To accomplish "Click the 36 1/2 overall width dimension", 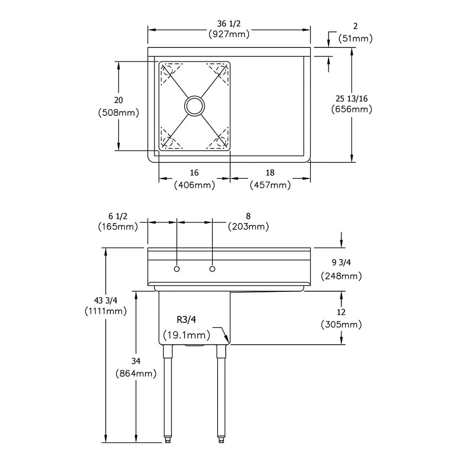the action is pos(229,24).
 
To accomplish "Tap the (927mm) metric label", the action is pos(229,34).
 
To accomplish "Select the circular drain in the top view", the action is pos(195,106).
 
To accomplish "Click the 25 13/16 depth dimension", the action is pos(352,98).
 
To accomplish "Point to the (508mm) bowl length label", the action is pos(119,113).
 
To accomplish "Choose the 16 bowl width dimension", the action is pos(194,173).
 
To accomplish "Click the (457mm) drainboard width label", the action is pos(270,185).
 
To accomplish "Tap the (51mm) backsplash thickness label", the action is pos(355,38).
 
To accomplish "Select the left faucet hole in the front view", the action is pos(176,269).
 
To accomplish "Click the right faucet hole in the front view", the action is pos(212,269).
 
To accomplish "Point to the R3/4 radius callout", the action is pos(187,320).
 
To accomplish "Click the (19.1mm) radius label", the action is pos(187,335).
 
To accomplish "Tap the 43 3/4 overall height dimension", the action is pos(106,300).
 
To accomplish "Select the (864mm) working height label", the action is pos(136,373).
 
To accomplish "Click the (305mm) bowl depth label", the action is pos(341,324).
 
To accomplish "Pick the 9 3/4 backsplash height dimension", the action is pos(341,262).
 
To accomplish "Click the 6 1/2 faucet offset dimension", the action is pos(118,216).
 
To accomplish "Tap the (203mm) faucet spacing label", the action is pos(248,226).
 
